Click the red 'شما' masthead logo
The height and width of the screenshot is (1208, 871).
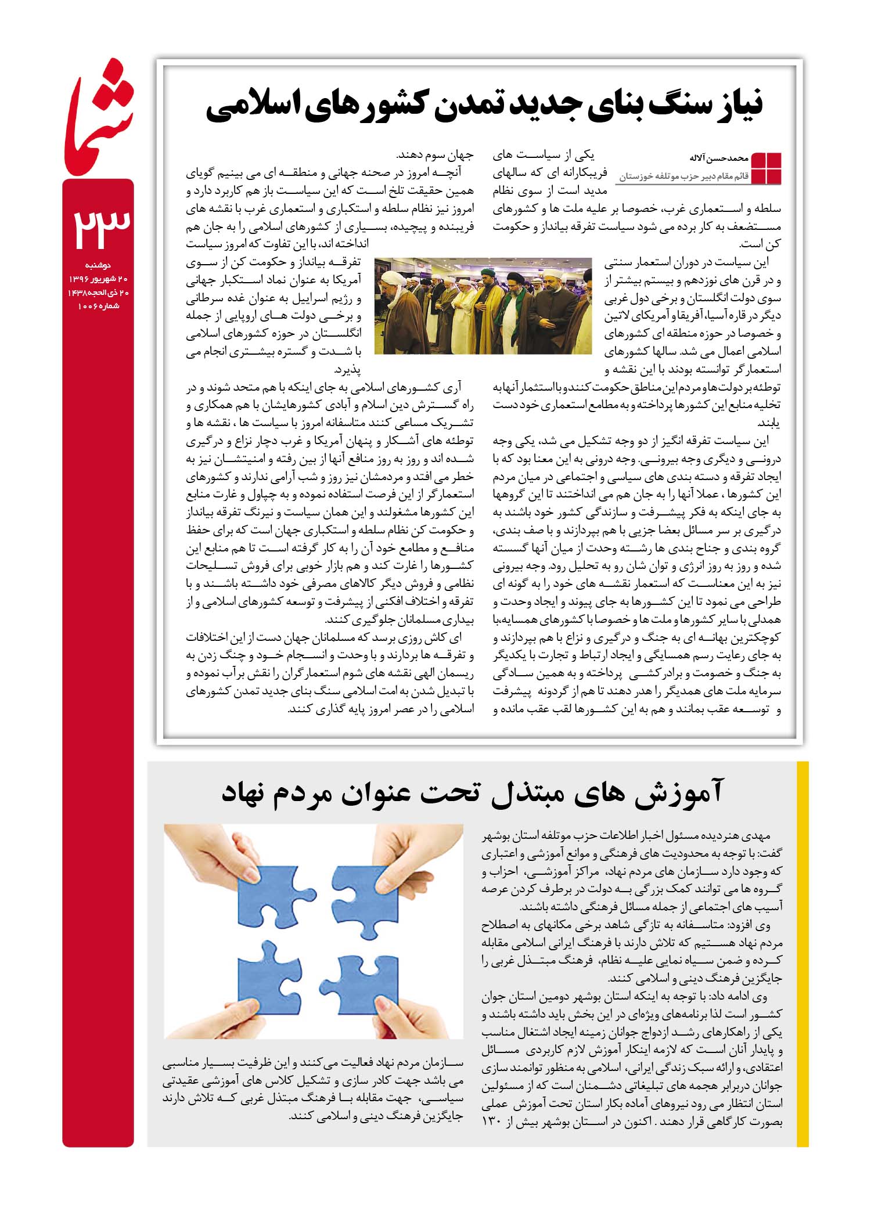99,116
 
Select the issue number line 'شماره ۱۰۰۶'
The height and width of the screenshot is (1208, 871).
98,305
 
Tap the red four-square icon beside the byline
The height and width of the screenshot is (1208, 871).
766,168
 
